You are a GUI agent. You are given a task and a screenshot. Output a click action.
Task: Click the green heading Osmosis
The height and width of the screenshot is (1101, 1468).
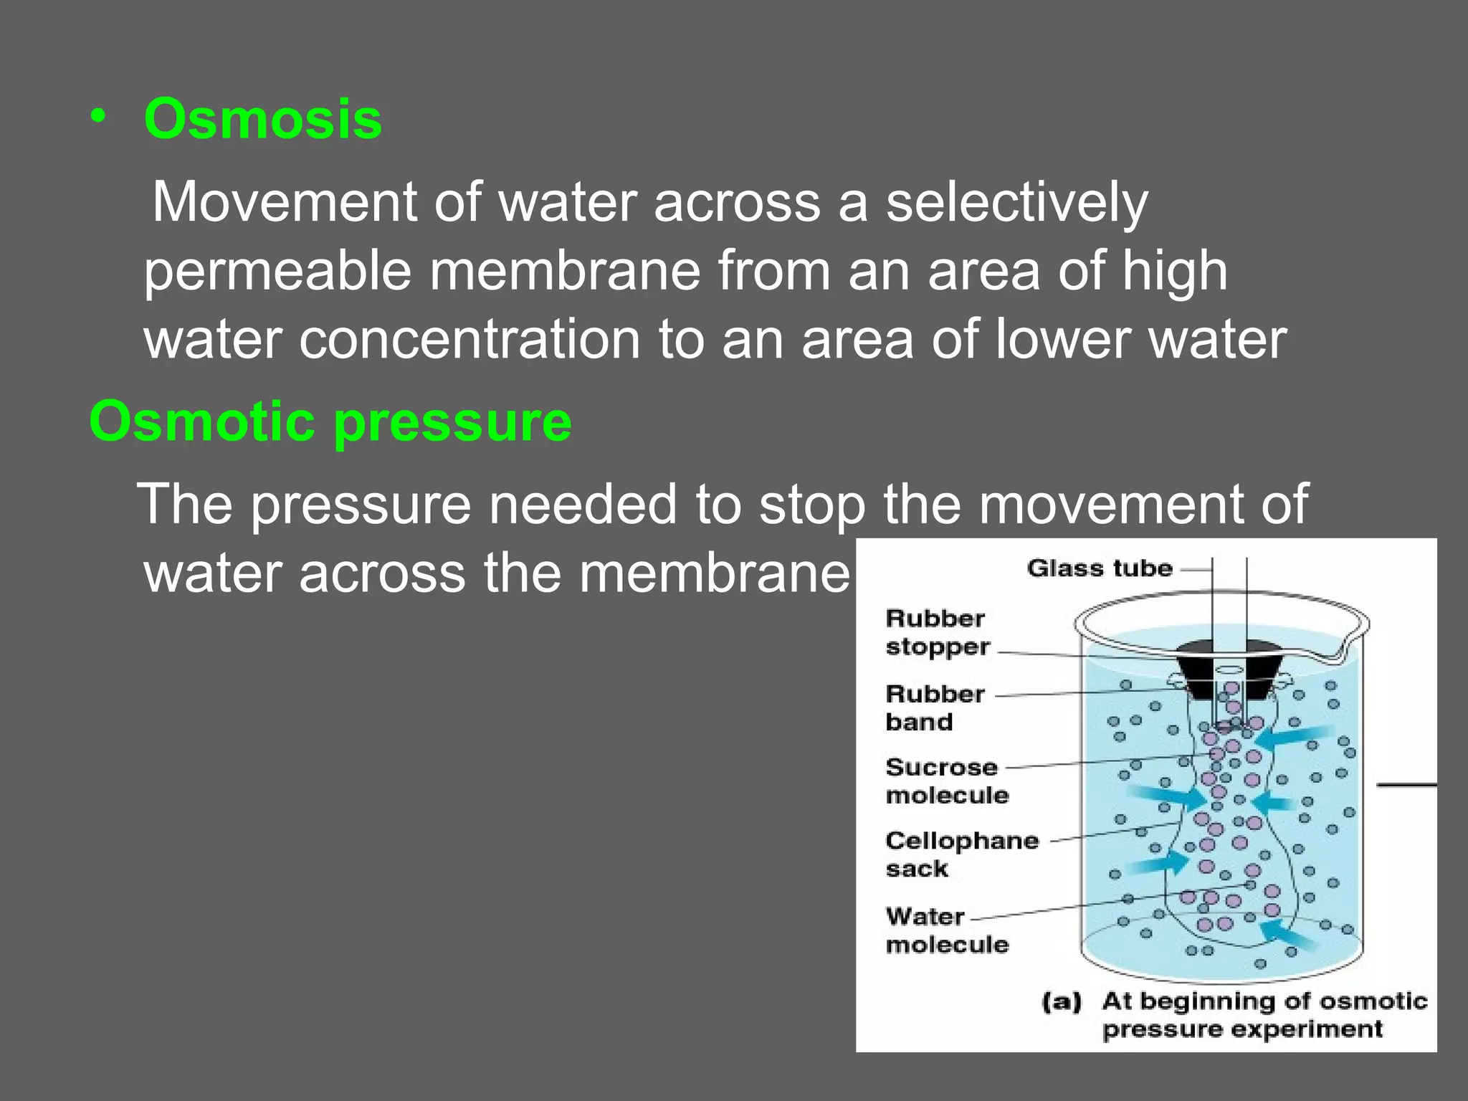pos(262,119)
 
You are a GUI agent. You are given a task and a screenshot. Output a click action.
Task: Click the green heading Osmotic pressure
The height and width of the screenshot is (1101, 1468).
pos(330,421)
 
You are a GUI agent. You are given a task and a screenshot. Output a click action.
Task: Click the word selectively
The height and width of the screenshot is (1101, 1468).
pos(1016,203)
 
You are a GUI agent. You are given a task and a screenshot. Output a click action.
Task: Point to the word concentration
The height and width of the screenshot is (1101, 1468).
pos(470,340)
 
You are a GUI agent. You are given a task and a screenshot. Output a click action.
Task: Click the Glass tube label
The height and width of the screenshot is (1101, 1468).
pos(1099,568)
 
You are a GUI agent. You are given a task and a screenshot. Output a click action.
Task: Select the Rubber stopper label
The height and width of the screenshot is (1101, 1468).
pos(936,632)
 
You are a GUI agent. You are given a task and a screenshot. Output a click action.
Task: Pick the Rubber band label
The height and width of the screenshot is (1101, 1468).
pos(934,707)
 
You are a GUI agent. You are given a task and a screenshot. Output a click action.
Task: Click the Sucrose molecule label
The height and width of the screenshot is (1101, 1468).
pos(945,781)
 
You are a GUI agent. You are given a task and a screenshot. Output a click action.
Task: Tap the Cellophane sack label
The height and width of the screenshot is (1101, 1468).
pos(961,854)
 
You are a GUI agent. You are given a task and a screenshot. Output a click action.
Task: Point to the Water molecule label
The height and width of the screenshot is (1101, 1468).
pos(945,930)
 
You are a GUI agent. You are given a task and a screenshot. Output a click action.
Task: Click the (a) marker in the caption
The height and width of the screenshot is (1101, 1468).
pos(1061,1001)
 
